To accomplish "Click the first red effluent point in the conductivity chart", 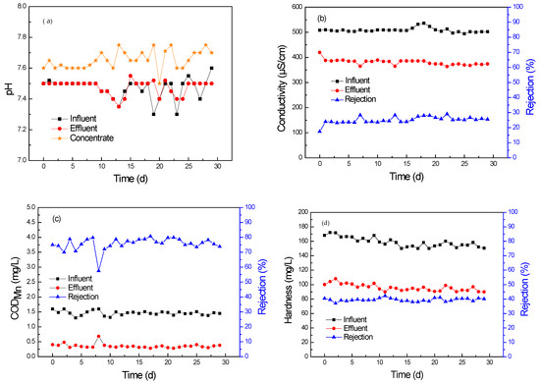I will (x=319, y=53).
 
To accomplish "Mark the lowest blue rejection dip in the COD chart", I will (x=98, y=270).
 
